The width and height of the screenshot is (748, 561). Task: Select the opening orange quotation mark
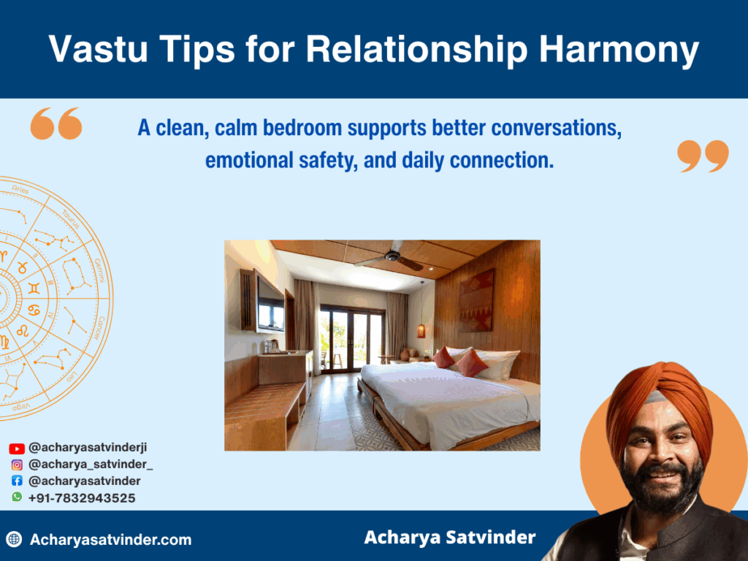(56, 123)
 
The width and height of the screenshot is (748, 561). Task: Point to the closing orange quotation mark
(703, 156)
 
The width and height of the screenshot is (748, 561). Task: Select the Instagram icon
(17, 465)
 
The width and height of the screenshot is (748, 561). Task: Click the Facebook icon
(17, 481)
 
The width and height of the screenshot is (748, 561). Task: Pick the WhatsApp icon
(17, 497)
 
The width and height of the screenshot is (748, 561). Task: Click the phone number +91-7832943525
(82, 497)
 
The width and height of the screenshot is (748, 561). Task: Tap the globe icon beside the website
(13, 540)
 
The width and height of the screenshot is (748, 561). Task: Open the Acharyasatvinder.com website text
(110, 540)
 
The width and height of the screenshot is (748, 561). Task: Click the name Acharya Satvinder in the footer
(449, 538)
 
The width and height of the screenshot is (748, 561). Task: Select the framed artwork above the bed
(476, 299)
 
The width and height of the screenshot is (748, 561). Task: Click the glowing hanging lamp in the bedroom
(421, 329)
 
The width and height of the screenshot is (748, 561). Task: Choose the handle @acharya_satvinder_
(91, 465)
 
